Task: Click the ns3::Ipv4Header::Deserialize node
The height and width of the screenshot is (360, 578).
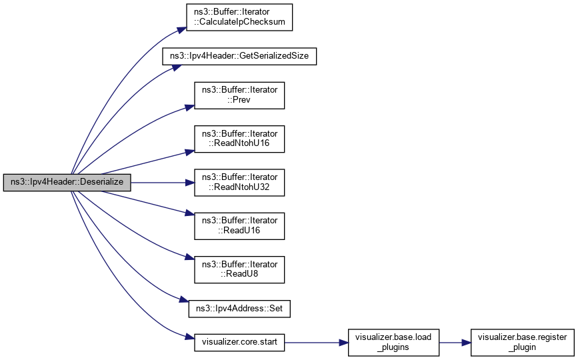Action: coord(67,182)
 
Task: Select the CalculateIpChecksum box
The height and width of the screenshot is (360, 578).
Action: coord(239,17)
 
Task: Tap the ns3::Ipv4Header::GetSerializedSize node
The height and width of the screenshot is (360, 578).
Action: coord(239,56)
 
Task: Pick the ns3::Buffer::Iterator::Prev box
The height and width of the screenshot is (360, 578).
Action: coord(239,95)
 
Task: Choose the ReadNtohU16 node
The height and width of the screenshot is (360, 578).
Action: coord(239,139)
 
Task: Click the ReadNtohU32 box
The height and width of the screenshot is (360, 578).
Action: coord(239,182)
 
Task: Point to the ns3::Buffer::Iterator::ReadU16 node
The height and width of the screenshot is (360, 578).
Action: coord(239,225)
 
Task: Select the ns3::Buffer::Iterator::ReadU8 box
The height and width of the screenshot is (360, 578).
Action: coord(239,269)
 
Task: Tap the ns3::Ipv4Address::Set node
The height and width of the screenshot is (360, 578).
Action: coord(239,309)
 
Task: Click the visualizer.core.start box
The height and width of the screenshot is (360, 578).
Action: coord(239,343)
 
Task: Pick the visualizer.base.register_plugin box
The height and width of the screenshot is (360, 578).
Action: coord(521,343)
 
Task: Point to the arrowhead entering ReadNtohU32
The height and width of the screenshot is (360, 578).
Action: coord(189,182)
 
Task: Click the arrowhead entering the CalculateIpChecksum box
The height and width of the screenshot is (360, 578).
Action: coord(181,29)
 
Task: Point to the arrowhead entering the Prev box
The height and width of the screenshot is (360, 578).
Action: coord(189,105)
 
